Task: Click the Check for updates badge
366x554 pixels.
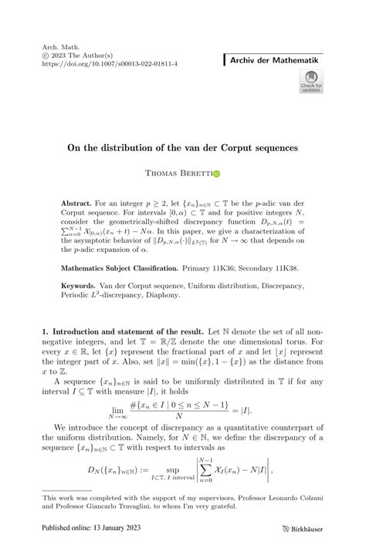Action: point(313,81)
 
